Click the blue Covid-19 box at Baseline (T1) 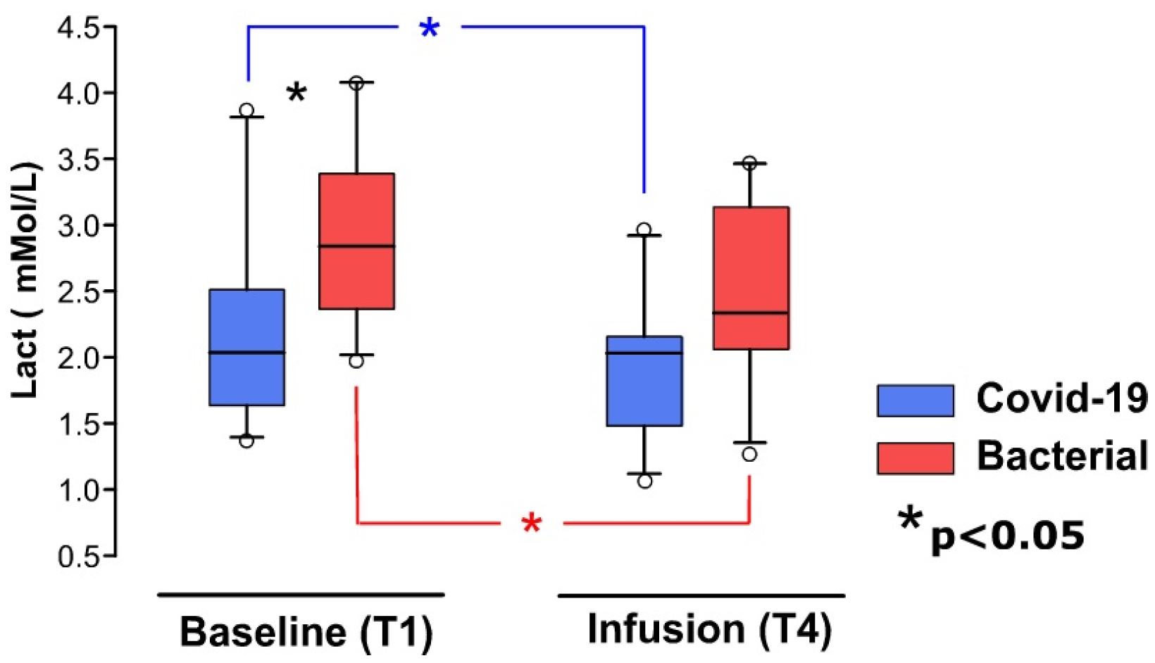click(x=247, y=347)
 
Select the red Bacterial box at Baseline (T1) click(x=356, y=241)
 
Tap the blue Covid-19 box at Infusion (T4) click(x=644, y=381)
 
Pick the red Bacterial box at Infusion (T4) click(x=751, y=278)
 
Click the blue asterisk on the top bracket click(x=429, y=29)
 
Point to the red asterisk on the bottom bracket click(x=531, y=524)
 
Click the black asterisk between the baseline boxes click(x=296, y=94)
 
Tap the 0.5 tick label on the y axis click(x=77, y=556)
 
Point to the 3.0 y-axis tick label click(x=77, y=225)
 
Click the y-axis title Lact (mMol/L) click(x=26, y=280)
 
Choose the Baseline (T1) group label click(x=306, y=630)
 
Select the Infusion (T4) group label click(x=708, y=628)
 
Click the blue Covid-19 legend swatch click(x=915, y=400)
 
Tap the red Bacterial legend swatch click(x=915, y=458)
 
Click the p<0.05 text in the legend click(x=1007, y=536)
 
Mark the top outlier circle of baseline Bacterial click(x=356, y=83)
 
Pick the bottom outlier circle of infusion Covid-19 click(x=644, y=481)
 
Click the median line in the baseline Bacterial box click(x=356, y=246)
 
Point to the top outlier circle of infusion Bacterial click(x=749, y=163)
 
